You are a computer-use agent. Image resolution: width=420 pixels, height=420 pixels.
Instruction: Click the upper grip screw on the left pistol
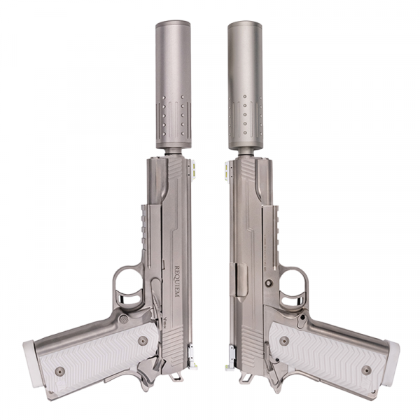pos(143,341)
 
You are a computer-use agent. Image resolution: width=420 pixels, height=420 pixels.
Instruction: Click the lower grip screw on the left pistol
pos(59,371)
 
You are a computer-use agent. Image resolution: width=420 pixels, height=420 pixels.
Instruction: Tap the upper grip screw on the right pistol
pos(284,341)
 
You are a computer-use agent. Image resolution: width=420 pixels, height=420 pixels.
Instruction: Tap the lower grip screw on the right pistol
pos(366,370)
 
